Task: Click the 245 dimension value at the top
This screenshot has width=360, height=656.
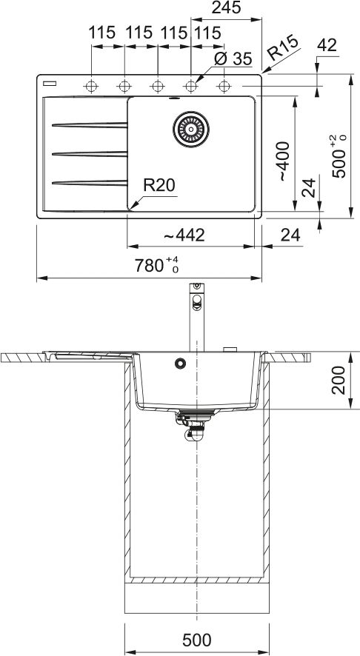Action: pyautogui.click(x=226, y=7)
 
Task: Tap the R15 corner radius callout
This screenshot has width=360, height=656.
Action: pyautogui.click(x=284, y=47)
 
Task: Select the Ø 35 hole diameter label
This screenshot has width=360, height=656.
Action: pyautogui.click(x=233, y=58)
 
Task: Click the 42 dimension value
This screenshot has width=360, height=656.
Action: pyautogui.click(x=327, y=45)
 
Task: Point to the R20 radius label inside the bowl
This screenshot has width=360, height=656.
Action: pyautogui.click(x=159, y=185)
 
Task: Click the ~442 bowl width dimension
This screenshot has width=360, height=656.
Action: pyautogui.click(x=184, y=235)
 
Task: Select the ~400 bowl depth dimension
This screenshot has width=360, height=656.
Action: pyautogui.click(x=284, y=161)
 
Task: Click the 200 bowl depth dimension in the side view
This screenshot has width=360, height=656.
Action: pyautogui.click(x=339, y=380)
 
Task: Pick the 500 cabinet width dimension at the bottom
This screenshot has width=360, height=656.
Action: pyautogui.click(x=197, y=640)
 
